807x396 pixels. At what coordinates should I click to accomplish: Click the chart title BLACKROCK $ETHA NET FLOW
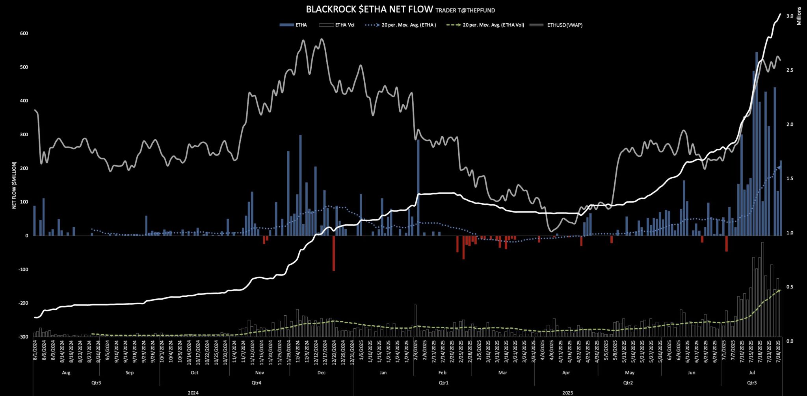369,9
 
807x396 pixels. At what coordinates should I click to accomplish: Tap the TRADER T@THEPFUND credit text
465,11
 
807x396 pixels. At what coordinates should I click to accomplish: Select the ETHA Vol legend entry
344,25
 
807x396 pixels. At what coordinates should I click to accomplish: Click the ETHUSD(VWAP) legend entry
564,25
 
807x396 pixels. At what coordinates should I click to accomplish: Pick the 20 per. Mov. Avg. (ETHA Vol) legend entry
493,25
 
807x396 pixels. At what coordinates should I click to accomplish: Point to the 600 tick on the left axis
24,33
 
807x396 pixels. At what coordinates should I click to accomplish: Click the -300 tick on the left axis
23,337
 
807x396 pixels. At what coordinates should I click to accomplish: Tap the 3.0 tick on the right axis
790,16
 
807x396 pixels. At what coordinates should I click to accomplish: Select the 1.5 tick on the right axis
790,179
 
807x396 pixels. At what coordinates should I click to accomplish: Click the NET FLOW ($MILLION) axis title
14,185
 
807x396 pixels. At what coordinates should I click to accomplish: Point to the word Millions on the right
799,16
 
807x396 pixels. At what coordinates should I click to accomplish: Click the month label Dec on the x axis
321,373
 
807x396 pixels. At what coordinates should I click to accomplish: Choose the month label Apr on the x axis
566,373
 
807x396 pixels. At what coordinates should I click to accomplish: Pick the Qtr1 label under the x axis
443,383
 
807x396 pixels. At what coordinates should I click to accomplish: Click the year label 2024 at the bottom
193,393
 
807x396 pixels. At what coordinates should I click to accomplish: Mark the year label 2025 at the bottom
567,393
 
